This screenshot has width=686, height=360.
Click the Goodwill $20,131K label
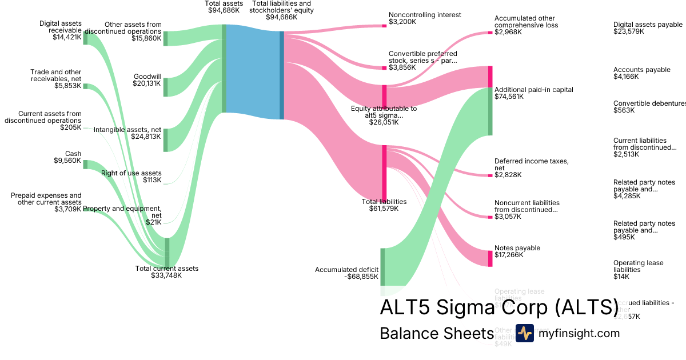pos(147,80)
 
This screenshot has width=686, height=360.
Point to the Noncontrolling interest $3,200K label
pos(424,18)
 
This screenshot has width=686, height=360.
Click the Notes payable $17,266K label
pos(517,251)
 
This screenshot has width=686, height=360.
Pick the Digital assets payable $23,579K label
pos(648,28)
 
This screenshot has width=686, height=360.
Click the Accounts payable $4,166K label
pos(641,73)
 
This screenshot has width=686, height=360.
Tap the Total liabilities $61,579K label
pos(384,205)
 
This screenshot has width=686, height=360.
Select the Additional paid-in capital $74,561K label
pos(533,93)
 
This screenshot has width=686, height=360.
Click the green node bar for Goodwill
pos(166,87)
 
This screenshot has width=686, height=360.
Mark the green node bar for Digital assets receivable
pos(86,38)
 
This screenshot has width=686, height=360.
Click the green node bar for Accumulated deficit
pos(383,267)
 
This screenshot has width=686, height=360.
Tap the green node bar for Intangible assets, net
pos(166,140)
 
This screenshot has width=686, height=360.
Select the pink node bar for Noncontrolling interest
pos(385,26)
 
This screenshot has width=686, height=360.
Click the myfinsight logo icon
pos(524,333)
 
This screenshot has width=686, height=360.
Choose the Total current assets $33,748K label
pos(166,272)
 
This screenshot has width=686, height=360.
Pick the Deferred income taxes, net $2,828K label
pos(531,167)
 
